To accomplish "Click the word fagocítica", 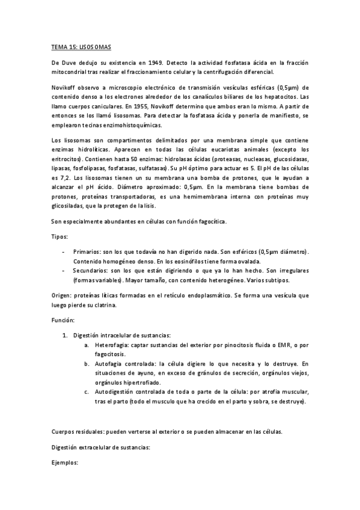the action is pos(210,222).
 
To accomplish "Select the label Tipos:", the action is pos(59,236).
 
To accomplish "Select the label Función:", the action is pos(63,321).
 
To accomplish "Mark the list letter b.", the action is pos(87,363).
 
